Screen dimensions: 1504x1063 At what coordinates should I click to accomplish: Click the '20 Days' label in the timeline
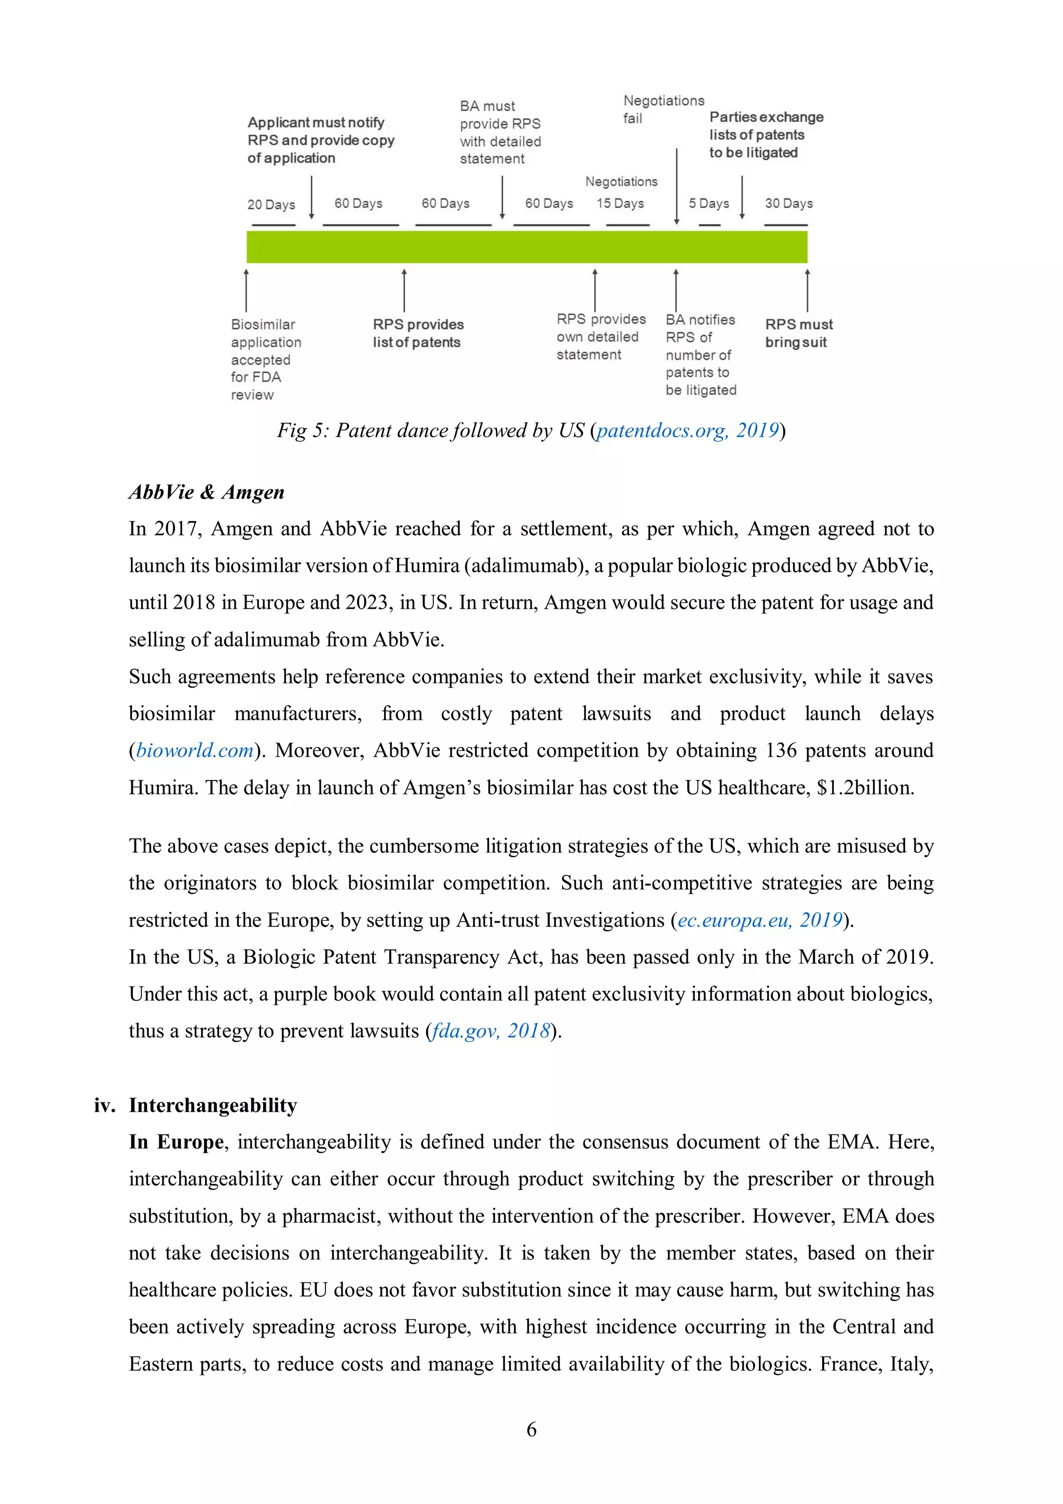(270, 204)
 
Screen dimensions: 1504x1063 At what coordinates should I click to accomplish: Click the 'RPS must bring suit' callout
(798, 333)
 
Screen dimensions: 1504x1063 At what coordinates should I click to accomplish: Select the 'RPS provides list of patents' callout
(417, 333)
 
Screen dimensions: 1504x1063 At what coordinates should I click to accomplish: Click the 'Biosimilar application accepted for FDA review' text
(265, 359)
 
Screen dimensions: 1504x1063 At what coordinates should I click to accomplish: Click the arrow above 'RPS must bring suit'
(807, 290)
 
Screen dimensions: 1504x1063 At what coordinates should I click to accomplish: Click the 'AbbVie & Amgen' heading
(206, 492)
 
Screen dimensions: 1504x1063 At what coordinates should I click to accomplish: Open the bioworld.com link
(195, 750)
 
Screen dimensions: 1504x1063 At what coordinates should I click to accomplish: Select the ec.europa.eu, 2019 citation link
(760, 920)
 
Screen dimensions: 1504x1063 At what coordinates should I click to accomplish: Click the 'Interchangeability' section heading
(212, 1105)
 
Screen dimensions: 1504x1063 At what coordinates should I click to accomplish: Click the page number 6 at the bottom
(531, 1429)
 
